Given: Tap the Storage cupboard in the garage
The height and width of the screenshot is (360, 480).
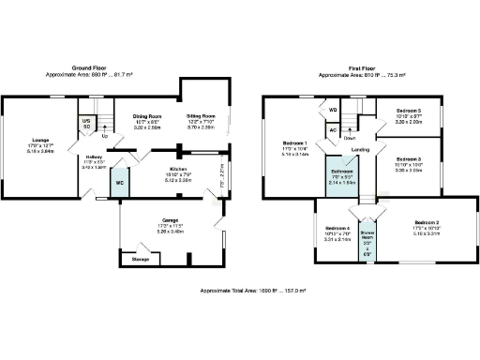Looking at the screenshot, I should (x=140, y=259).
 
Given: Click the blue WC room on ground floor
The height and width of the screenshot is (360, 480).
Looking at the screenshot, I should (x=120, y=183).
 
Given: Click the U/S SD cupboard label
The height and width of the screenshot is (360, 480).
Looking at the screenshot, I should (x=85, y=123).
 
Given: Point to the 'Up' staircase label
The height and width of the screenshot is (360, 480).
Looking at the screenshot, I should (x=104, y=136).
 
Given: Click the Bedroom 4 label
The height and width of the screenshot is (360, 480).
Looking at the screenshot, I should (x=337, y=230).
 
